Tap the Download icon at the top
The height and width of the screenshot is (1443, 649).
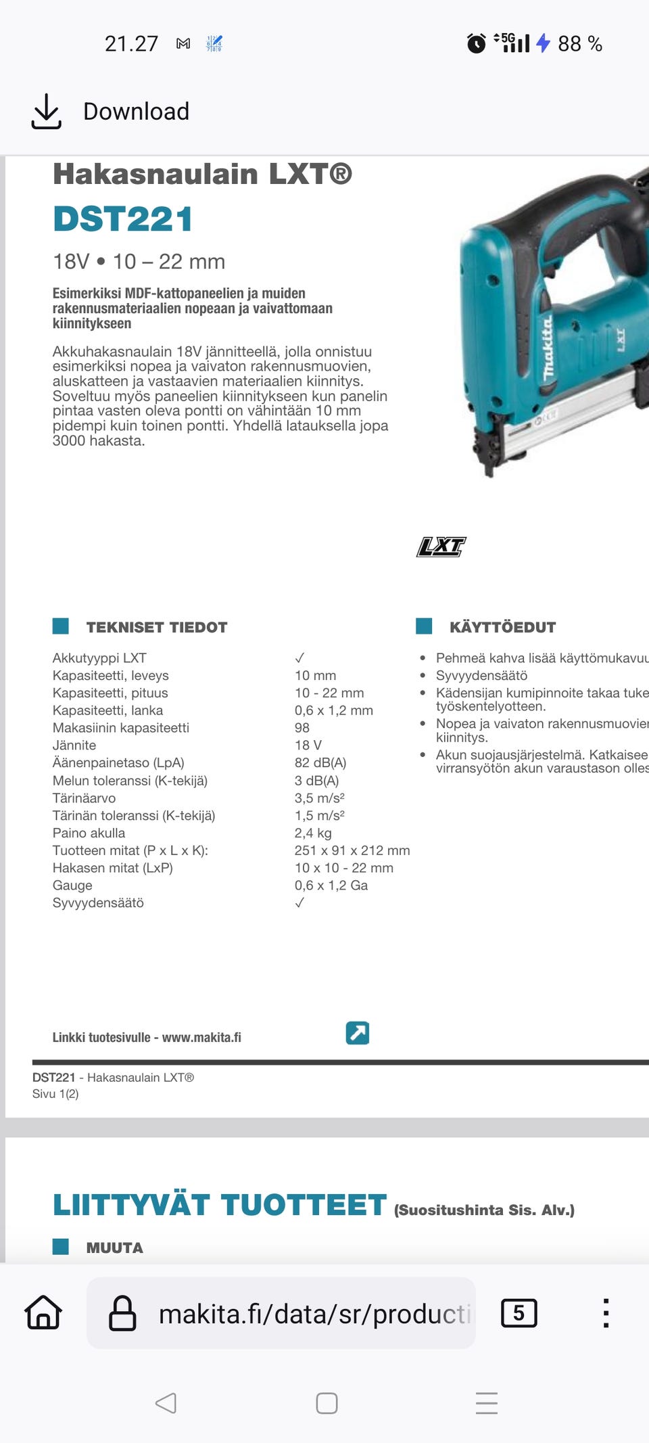click(x=46, y=112)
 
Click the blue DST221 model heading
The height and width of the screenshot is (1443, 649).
click(x=123, y=219)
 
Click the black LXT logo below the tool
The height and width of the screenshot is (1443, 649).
click(x=441, y=547)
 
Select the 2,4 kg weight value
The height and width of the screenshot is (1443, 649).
click(x=313, y=833)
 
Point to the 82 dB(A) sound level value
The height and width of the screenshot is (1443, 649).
click(x=320, y=762)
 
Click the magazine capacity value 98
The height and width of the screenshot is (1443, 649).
click(x=302, y=728)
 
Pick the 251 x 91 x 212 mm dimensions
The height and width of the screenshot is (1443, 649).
click(x=352, y=850)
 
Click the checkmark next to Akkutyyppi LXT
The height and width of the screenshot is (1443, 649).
click(x=299, y=658)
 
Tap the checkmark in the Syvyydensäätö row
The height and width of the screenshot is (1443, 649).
click(x=299, y=902)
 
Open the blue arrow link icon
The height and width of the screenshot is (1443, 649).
click(x=358, y=1033)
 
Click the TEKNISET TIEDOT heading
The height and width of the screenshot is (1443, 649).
click(x=157, y=627)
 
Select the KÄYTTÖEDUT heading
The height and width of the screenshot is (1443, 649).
click(x=502, y=627)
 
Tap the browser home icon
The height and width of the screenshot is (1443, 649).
click(x=43, y=1313)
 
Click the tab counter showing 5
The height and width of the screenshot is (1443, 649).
click(x=519, y=1313)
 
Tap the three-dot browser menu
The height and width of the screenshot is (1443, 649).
click(x=606, y=1313)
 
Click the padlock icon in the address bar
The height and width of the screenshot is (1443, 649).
click(x=122, y=1313)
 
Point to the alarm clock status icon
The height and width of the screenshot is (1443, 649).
click(x=477, y=44)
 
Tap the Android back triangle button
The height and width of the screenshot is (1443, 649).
click(x=166, y=1403)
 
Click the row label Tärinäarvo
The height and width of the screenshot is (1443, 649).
click(x=84, y=798)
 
